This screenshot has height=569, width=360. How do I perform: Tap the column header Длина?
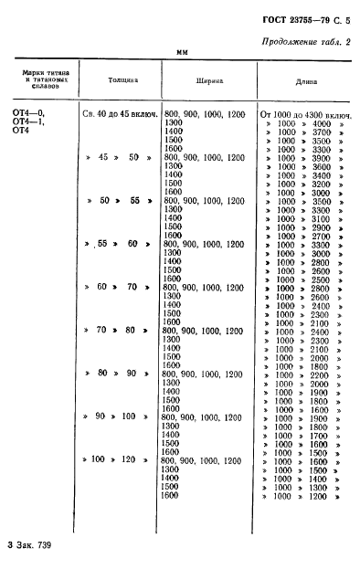pyautogui.click(x=307, y=79)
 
